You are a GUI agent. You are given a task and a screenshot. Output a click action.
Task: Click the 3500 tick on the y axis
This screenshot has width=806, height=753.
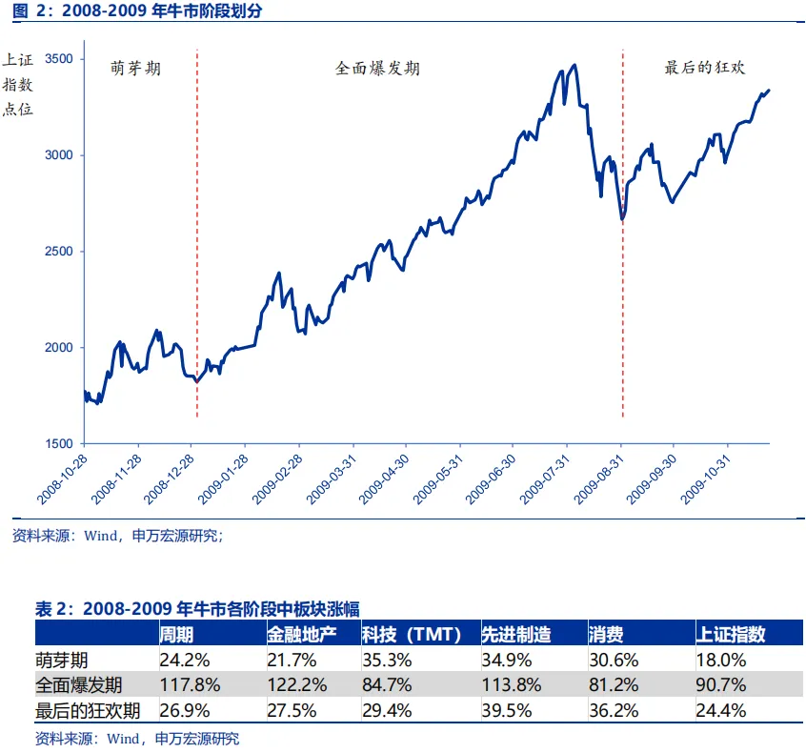pos(59,58)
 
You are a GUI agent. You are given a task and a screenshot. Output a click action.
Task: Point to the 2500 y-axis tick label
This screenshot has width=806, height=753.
pos(59,251)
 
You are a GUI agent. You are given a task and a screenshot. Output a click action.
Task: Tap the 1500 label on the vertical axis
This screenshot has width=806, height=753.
pos(59,443)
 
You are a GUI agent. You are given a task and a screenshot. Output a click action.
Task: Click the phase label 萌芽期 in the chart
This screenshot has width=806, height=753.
pos(135,69)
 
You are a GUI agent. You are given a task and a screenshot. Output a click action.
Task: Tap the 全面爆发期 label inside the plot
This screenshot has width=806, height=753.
pos(377,69)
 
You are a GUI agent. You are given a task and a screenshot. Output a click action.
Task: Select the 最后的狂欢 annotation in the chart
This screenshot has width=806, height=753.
pos(704,69)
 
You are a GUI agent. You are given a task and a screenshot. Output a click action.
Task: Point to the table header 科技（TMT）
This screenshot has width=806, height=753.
pos(412,634)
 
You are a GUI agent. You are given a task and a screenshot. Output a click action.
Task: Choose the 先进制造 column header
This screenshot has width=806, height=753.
pos(515,634)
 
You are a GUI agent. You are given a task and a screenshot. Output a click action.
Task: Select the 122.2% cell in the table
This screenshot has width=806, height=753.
pos(297,684)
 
